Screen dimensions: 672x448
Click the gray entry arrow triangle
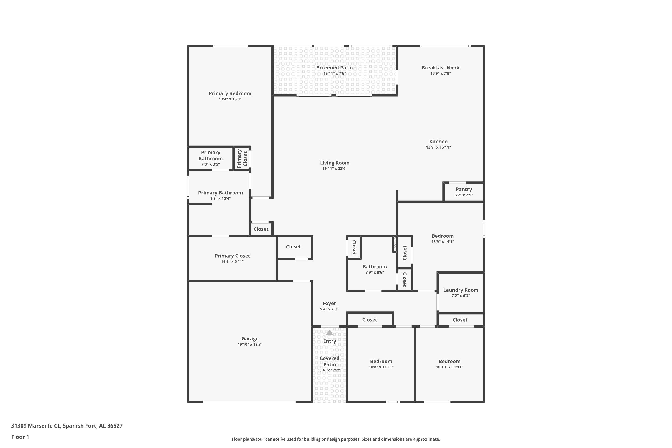(x=330, y=333)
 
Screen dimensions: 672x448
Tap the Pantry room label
(x=463, y=190)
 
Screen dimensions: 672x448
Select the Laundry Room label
(x=461, y=290)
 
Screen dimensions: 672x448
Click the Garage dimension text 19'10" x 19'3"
(x=250, y=344)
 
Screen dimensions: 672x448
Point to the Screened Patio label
(x=335, y=68)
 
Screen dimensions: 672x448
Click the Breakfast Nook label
(x=441, y=68)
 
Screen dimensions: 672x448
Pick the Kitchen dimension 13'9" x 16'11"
(x=438, y=147)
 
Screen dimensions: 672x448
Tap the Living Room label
(x=335, y=163)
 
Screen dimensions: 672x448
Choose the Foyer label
(x=329, y=304)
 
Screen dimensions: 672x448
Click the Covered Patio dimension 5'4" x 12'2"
(x=330, y=370)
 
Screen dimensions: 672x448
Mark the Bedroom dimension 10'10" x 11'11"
(x=449, y=367)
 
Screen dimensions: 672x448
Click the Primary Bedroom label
(x=230, y=93)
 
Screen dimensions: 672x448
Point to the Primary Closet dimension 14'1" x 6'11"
(x=232, y=261)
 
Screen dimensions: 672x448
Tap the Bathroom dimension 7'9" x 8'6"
(x=375, y=272)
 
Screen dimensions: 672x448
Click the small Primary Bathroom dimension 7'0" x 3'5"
(x=211, y=164)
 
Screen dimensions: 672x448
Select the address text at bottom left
(x=67, y=426)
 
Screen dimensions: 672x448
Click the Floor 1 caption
(x=20, y=437)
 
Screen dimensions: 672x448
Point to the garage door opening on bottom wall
(x=249, y=402)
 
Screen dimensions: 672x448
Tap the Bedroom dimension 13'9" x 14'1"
(x=443, y=242)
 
